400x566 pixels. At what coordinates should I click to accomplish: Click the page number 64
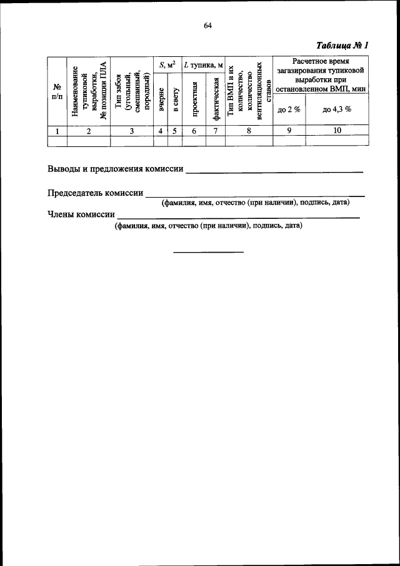click(x=208, y=26)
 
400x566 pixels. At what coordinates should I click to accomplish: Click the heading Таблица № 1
click(x=343, y=46)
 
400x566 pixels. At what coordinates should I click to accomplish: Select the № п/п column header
click(x=57, y=91)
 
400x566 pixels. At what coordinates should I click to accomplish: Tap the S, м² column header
click(x=167, y=64)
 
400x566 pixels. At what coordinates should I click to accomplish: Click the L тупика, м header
click(x=203, y=64)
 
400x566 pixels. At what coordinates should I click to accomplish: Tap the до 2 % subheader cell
click(x=289, y=109)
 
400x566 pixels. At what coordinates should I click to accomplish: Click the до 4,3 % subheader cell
click(x=337, y=109)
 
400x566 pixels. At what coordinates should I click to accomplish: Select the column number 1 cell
click(x=57, y=131)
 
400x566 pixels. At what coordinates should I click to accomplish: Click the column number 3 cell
click(x=132, y=131)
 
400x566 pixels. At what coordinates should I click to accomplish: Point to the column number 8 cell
click(x=249, y=131)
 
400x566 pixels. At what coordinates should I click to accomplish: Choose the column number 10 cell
click(x=337, y=131)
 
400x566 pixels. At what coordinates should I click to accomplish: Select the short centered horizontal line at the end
click(x=208, y=252)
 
